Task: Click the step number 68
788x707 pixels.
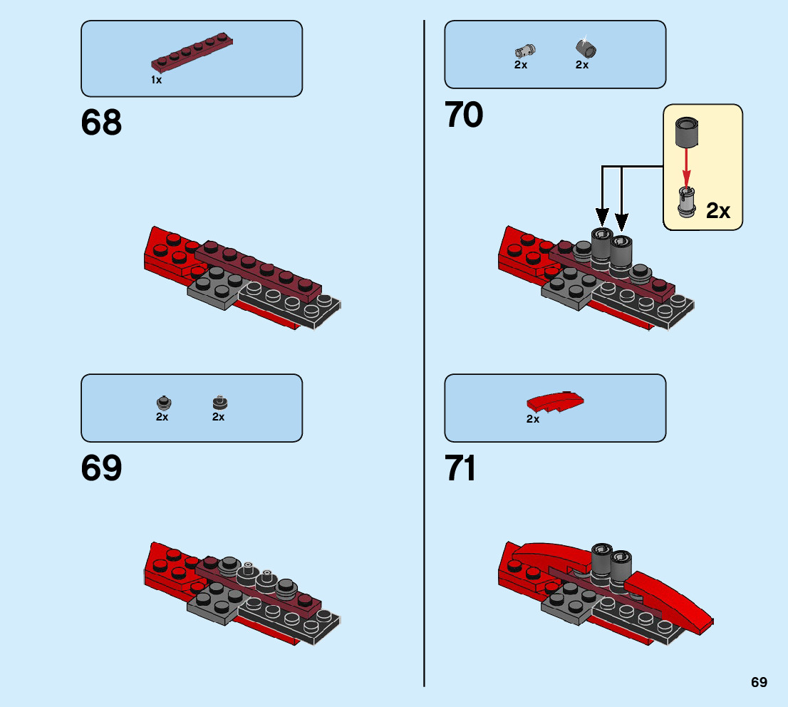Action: (101, 123)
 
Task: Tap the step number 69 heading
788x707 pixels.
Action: (101, 469)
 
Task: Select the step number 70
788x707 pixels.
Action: (464, 115)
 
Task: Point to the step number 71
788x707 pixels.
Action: (461, 469)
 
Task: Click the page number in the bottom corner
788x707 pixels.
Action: (759, 683)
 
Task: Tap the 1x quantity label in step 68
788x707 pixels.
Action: (157, 81)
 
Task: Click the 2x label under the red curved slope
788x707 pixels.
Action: (533, 420)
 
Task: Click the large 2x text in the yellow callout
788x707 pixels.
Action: (718, 211)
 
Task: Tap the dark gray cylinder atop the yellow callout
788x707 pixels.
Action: (687, 130)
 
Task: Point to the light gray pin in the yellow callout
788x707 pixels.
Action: (687, 201)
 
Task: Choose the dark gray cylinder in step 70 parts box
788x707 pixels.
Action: (586, 48)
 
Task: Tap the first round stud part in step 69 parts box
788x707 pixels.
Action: (162, 403)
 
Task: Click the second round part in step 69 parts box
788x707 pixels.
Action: (219, 403)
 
